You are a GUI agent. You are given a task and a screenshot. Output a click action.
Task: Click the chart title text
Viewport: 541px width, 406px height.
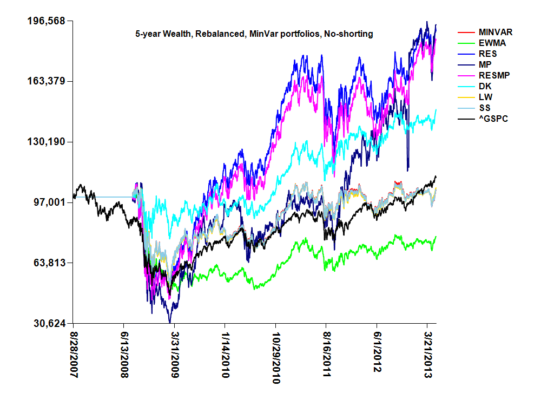click(254, 34)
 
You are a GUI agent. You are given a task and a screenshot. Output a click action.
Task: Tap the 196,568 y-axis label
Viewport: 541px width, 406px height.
click(46, 21)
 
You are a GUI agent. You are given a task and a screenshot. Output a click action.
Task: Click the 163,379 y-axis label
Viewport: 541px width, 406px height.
click(46, 81)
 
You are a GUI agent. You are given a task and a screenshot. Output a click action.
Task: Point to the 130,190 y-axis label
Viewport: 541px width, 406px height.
click(46, 142)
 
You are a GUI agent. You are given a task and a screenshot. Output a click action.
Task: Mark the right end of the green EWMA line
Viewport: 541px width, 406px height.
click(436, 237)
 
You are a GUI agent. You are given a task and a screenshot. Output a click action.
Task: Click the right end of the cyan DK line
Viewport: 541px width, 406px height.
click(436, 110)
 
